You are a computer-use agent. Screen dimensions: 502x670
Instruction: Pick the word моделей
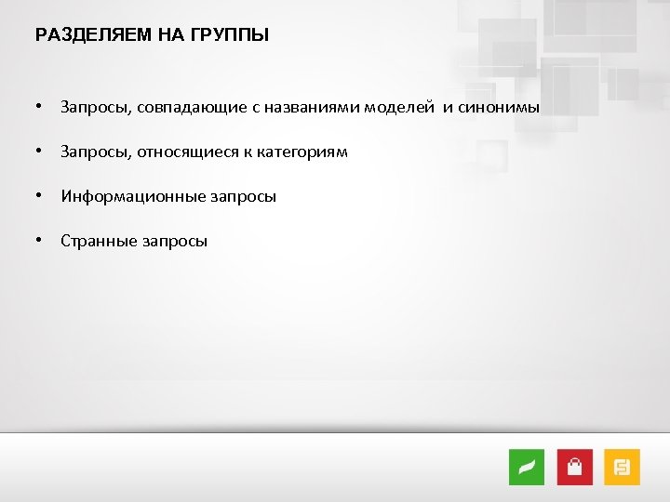click(398, 108)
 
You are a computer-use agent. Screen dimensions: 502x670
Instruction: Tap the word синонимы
click(498, 108)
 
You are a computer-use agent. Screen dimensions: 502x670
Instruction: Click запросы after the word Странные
click(175, 242)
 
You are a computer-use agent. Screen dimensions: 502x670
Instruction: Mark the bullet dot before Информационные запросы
click(39, 196)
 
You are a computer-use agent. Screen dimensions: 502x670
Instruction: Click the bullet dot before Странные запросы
click(39, 241)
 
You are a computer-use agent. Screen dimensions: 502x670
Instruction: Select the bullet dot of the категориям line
click(39, 152)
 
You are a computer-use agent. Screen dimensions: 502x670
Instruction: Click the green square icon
click(527, 467)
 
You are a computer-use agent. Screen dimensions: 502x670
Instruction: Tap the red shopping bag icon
click(574, 467)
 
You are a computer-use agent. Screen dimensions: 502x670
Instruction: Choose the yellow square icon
click(623, 467)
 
